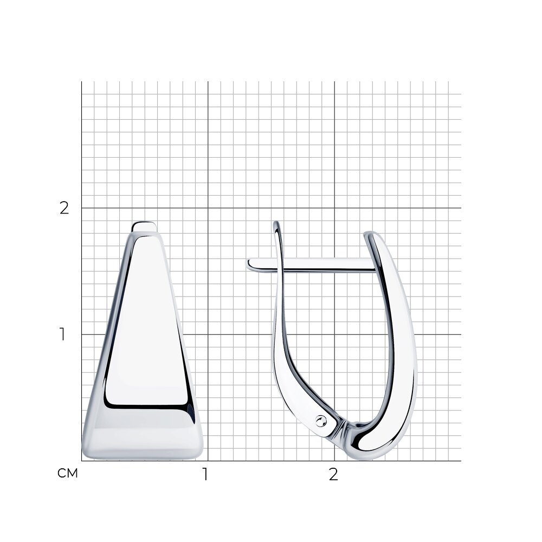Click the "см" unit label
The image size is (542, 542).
pyautogui.click(x=67, y=473)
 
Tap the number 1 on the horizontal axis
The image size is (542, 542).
pyautogui.click(x=205, y=474)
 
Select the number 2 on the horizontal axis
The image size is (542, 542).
pyautogui.click(x=333, y=474)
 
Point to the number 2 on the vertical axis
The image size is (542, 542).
pyautogui.click(x=64, y=208)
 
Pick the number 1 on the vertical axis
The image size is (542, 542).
pyautogui.click(x=62, y=334)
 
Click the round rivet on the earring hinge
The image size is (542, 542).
pyautogui.click(x=321, y=421)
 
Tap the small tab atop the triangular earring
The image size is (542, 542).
pyautogui.click(x=144, y=227)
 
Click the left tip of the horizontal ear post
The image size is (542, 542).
pyautogui.click(x=247, y=264)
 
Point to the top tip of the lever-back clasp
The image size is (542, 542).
pyautogui.click(x=276, y=222)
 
